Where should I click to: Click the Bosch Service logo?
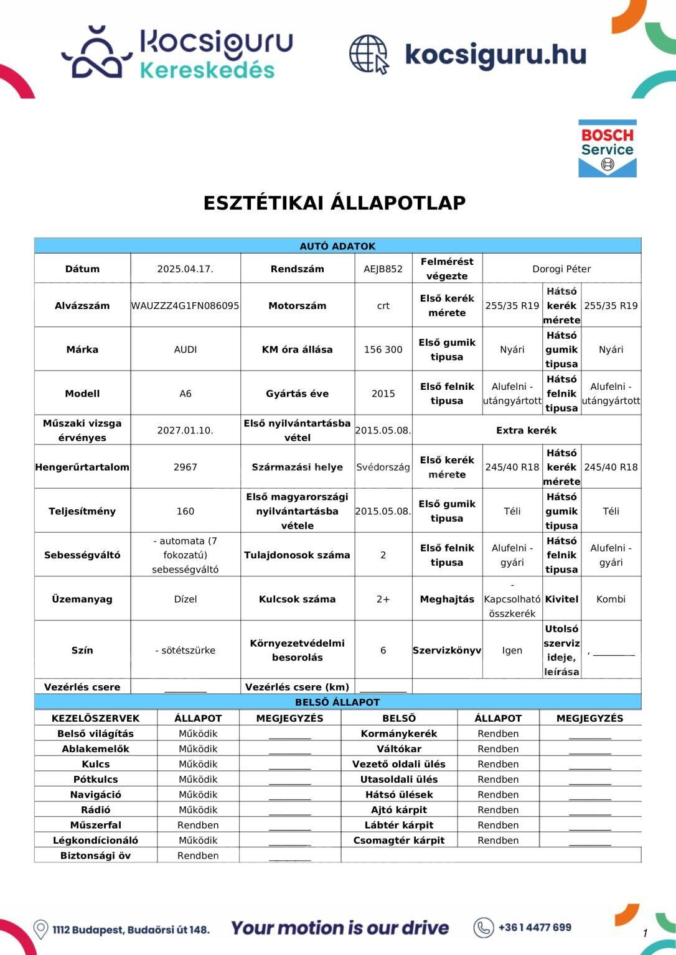pos(607,149)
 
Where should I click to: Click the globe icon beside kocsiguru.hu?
pos(369,55)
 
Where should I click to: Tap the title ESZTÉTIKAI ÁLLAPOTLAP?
pos(334,203)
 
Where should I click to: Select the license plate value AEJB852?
pos(383,269)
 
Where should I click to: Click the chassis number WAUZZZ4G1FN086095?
pos(185,306)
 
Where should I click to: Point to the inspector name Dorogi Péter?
pos(561,269)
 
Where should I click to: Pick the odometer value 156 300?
pos(383,349)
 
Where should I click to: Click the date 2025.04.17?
pos(185,269)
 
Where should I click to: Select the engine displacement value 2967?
pos(185,467)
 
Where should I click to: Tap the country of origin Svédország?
pos(383,467)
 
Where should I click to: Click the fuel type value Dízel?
pos(185,599)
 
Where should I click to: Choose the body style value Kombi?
pos(611,599)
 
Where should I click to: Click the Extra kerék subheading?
pos(526,430)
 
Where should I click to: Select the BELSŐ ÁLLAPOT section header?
pos(337,702)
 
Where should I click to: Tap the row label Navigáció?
pos(95,795)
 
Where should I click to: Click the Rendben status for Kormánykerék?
pos(498,734)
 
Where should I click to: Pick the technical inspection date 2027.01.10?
pos(185,430)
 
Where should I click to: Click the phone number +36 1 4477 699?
pos(534,928)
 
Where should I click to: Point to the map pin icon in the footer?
pos(40,930)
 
